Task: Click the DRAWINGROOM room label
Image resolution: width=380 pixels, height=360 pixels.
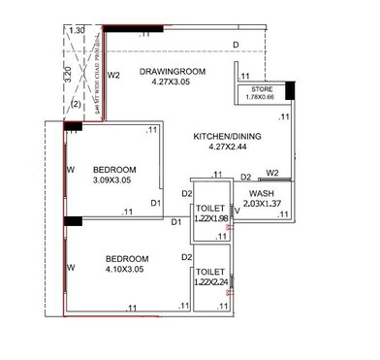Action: coord(174,71)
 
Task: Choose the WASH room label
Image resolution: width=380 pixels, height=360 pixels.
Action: coord(259,193)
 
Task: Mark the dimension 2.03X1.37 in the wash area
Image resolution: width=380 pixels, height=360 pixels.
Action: coord(259,204)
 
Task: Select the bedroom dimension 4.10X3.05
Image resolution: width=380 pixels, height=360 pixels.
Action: coord(126,270)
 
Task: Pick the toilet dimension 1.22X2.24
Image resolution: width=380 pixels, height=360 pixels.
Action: coord(210,281)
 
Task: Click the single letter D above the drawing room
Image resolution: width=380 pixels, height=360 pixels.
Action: coord(236,45)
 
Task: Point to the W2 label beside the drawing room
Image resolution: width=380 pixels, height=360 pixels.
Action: coord(113,75)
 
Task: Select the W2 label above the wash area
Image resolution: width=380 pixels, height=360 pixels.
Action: coord(272,174)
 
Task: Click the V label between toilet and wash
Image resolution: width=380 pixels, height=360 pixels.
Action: coord(236,207)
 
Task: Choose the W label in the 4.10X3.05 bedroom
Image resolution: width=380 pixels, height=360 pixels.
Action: coord(70,267)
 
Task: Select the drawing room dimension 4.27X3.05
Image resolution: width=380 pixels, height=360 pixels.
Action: coord(174,82)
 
